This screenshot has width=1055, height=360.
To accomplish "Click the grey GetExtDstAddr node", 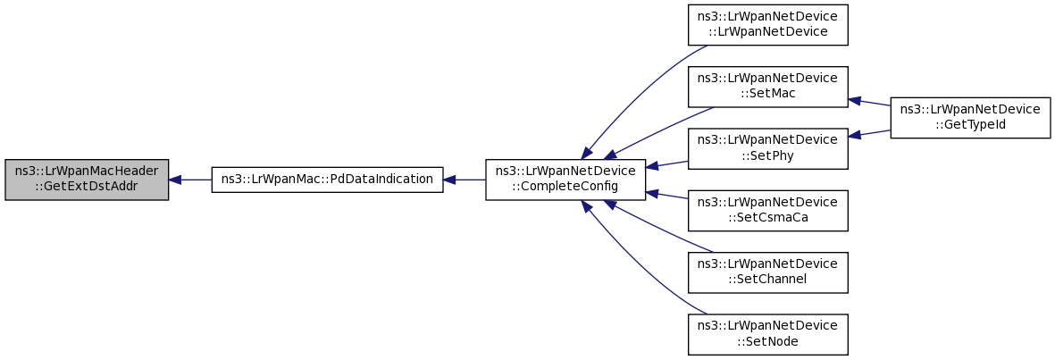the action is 87,180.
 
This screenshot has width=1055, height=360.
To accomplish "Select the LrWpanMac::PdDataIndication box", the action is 327,180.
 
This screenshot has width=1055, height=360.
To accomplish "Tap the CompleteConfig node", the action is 565,180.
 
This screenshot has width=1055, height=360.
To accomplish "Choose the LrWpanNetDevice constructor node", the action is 767,25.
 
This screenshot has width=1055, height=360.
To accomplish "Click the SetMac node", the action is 767,87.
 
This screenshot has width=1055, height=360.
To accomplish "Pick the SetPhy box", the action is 767,148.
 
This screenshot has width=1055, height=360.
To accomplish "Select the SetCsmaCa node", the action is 767,211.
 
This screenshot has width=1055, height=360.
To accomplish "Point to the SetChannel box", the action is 767,272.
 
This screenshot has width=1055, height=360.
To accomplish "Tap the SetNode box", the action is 767,334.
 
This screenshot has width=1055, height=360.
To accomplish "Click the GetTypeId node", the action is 970,118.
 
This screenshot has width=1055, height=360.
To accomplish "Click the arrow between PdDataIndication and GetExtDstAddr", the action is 190,180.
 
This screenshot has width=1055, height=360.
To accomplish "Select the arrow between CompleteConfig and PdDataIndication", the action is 465,180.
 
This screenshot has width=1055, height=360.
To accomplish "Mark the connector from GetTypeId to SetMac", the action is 869,102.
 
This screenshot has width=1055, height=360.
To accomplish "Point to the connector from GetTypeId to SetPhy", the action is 869,133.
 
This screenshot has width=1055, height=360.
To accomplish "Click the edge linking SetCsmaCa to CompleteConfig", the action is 666,195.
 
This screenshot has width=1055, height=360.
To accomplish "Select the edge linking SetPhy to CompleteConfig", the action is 666,164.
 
